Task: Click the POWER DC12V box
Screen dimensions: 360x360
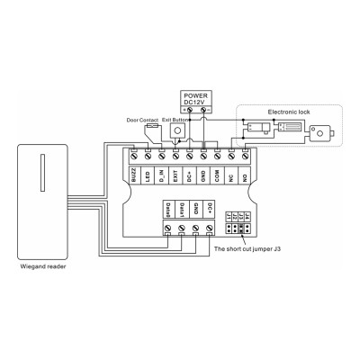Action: click(x=195, y=99)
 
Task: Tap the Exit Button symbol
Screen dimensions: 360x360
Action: click(x=175, y=131)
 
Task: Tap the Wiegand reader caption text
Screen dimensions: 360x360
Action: click(x=42, y=266)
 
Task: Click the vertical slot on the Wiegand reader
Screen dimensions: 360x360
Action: click(x=43, y=171)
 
